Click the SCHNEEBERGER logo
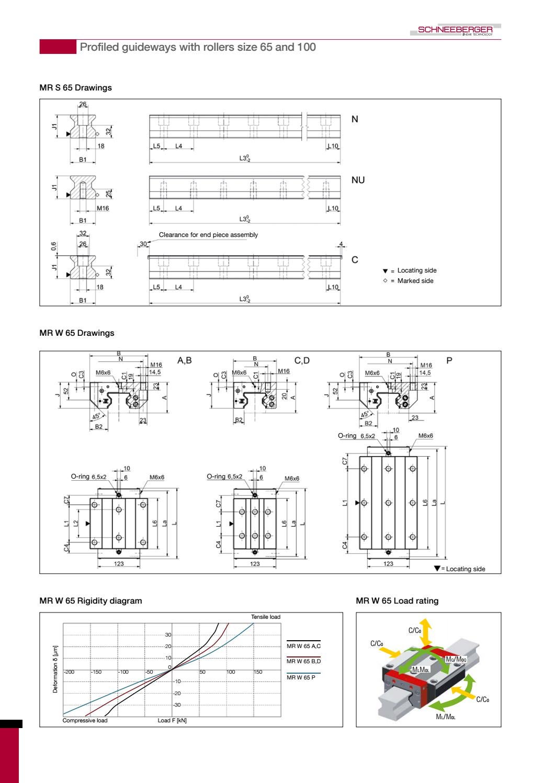[455, 30]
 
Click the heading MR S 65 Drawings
[75, 88]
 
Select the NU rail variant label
[358, 180]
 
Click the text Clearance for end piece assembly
[208, 235]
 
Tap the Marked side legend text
[415, 281]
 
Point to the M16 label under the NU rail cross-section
[103, 209]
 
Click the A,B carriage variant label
[185, 360]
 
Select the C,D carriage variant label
[302, 360]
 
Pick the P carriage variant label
[449, 360]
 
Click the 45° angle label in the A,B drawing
[97, 417]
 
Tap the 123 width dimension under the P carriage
[388, 564]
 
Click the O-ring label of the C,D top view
[216, 476]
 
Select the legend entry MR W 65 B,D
[303, 661]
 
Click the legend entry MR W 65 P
[301, 677]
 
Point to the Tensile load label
[265, 617]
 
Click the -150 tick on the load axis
[96, 672]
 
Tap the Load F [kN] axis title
[172, 721]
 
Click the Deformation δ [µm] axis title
[55, 669]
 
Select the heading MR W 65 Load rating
[397, 601]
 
